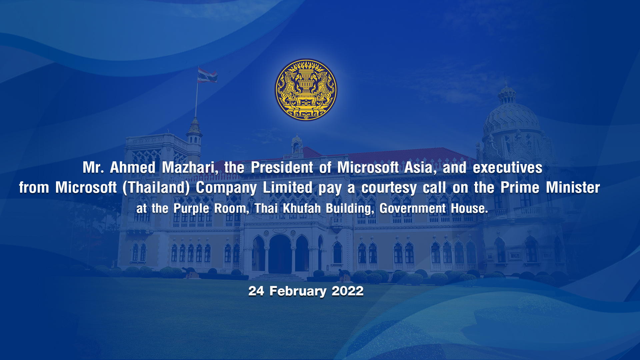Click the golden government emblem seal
pyautogui.click(x=306, y=90)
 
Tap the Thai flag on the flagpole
pyautogui.click(x=207, y=75)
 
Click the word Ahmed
pyautogui.click(x=133, y=167)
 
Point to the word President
pyautogui.click(x=282, y=167)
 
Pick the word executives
pyautogui.click(x=507, y=168)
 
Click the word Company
pyautogui.click(x=226, y=188)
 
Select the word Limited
pyautogui.click(x=287, y=187)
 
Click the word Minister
pyautogui.click(x=573, y=187)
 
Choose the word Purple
pyautogui.click(x=191, y=209)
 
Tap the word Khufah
pyautogui.click(x=302, y=208)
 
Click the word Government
pyautogui.click(x=412, y=208)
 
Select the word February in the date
pyautogui.click(x=298, y=291)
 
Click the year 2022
pyautogui.click(x=347, y=291)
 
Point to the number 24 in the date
pyautogui.click(x=256, y=291)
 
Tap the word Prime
pyautogui.click(x=520, y=187)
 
